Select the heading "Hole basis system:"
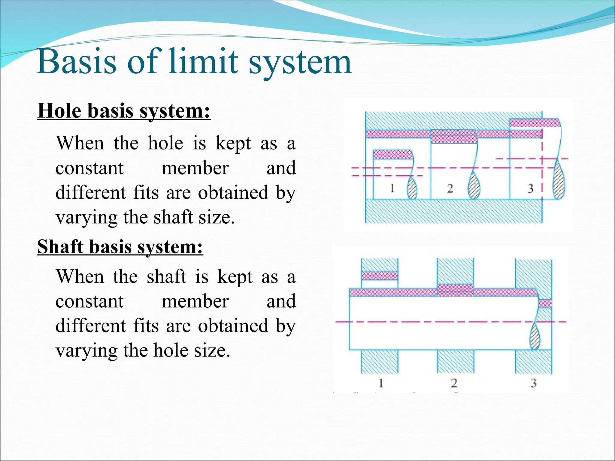pos(124,111)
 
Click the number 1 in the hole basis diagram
pos(392,188)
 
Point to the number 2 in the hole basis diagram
pos(450,188)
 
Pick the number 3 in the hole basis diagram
pos(530,188)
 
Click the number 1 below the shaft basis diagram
pos(381,383)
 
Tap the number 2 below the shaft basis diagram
pos(454,383)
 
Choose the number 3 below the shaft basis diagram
pos(534,383)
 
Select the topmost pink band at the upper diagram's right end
pos(535,123)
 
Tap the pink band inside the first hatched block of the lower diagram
pos(380,276)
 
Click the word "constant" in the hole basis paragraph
pos(89,168)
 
